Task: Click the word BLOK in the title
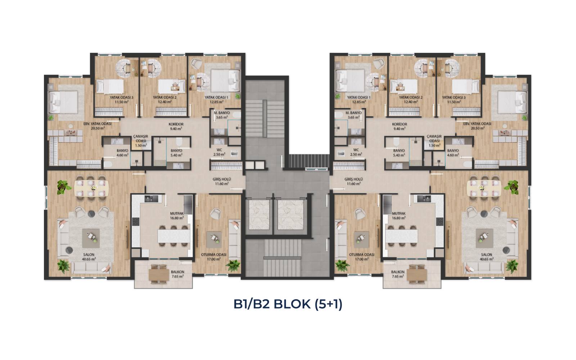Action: point(292,304)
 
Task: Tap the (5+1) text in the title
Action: point(329,304)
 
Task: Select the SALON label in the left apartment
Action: point(89,255)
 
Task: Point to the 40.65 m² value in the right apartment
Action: point(486,259)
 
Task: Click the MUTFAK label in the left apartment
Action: point(177,213)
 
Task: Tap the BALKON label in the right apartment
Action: point(398,272)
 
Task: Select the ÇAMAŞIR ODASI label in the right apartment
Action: point(434,139)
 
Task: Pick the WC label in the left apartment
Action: point(219,150)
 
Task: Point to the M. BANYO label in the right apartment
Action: point(354,113)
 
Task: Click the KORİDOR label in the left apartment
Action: point(176,124)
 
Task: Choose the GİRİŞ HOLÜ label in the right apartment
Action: point(354,179)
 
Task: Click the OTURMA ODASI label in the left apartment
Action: point(214,255)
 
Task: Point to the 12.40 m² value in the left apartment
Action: point(165,102)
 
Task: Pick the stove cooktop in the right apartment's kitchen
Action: point(440,222)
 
